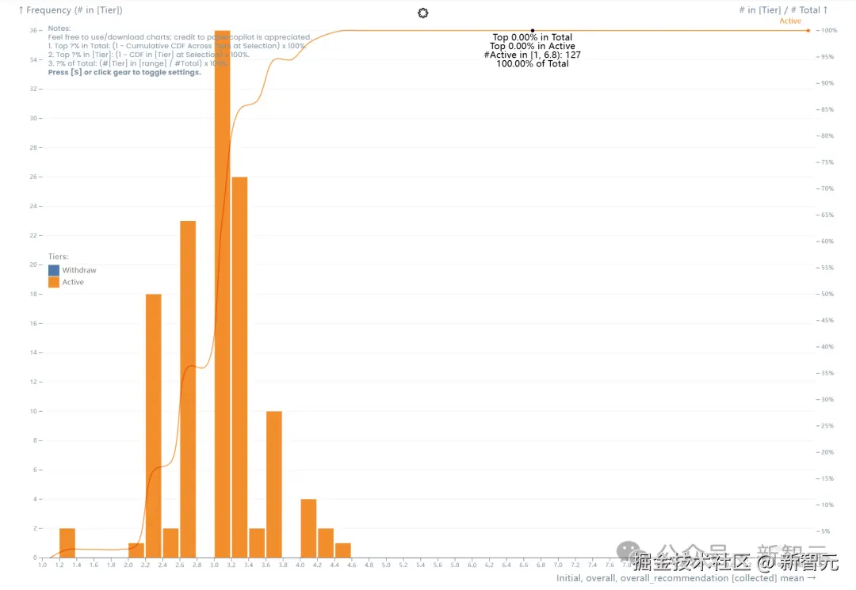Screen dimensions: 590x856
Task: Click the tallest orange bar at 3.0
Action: coord(222,293)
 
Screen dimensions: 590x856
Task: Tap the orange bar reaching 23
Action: coord(188,388)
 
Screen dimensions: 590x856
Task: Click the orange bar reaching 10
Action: coord(273,484)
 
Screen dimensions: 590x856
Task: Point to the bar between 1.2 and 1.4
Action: coord(67,542)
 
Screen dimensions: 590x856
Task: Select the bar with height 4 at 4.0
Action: coord(308,527)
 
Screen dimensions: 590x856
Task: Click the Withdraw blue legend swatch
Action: coord(54,270)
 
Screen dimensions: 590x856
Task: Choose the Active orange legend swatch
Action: coord(54,282)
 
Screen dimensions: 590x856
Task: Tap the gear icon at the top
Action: coord(422,13)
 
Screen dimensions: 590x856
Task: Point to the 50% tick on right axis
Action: coord(826,294)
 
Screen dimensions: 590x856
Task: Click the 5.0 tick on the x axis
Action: coord(386,565)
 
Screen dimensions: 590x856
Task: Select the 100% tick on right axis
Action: coord(828,31)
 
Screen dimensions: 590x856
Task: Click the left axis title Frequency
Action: coord(71,10)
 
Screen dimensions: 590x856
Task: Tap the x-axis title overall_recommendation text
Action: coord(686,578)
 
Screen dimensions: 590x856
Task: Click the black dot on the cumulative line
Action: coord(533,31)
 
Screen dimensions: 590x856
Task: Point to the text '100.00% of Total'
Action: coord(533,64)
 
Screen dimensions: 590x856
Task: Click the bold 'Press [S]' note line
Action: coord(124,72)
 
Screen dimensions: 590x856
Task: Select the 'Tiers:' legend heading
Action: coord(58,257)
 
